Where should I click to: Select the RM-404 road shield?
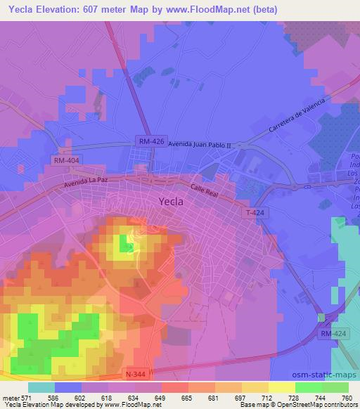pyautogui.click(x=65, y=161)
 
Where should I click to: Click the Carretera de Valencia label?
pyautogui.click(x=298, y=117)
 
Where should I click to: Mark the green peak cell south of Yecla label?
pyautogui.click(x=127, y=243)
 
